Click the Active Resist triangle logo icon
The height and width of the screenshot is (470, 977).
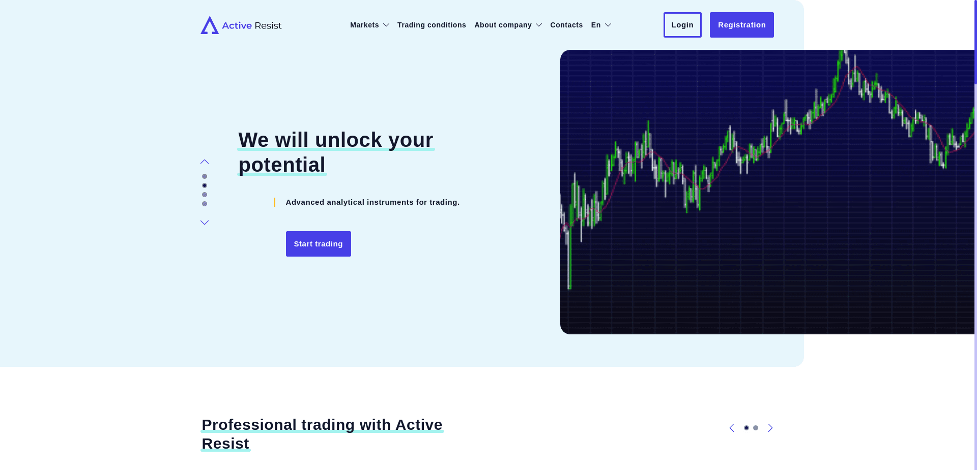point(210,25)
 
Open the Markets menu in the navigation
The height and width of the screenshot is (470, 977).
point(369,25)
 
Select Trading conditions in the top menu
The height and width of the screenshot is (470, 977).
point(432,25)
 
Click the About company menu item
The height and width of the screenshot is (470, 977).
point(508,25)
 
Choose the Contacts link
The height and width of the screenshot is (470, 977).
point(566,25)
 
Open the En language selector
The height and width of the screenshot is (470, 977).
point(601,25)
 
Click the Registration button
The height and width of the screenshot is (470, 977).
point(742,25)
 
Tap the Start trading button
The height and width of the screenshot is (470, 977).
point(319,244)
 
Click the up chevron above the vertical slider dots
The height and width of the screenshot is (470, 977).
point(205,162)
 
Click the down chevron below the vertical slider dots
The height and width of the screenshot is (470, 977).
point(205,223)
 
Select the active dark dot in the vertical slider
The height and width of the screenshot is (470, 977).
point(205,185)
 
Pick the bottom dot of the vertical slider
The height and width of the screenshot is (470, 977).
point(205,204)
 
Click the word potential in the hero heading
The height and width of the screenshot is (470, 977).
point(282,165)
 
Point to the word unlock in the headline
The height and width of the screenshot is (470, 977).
point(349,140)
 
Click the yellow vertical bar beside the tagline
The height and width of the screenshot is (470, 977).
point(275,202)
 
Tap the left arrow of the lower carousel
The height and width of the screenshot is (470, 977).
point(732,428)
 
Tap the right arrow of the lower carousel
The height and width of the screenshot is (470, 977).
point(770,428)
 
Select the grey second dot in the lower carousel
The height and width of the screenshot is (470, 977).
point(756,428)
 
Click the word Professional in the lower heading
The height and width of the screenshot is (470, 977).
point(249,425)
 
